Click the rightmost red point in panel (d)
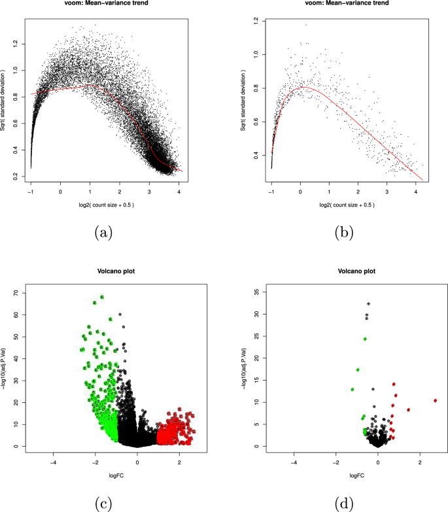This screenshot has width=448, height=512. pos(435,400)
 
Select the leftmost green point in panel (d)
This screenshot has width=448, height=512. pos(353,390)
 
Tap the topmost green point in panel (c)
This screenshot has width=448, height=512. pos(102,297)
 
